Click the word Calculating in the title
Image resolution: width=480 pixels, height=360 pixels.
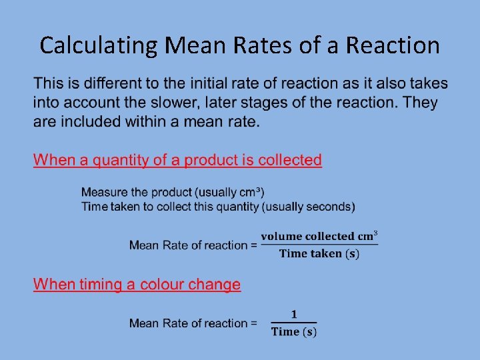pyautogui.click(x=99, y=45)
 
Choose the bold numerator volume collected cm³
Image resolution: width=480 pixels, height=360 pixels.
pyautogui.click(x=319, y=236)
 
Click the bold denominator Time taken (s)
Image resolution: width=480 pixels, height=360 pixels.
pyautogui.click(x=319, y=253)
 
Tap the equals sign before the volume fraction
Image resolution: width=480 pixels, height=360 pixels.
pyautogui.click(x=253, y=245)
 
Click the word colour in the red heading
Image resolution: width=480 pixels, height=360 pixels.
pyautogui.click(x=155, y=285)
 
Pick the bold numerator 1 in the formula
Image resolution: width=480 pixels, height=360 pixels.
pyautogui.click(x=294, y=315)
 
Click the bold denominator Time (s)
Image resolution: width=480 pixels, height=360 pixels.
pyautogui.click(x=294, y=332)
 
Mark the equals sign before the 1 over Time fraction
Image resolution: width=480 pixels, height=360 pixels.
pyautogui.click(x=253, y=323)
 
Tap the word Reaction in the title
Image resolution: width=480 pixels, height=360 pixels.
pyautogui.click(x=394, y=45)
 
